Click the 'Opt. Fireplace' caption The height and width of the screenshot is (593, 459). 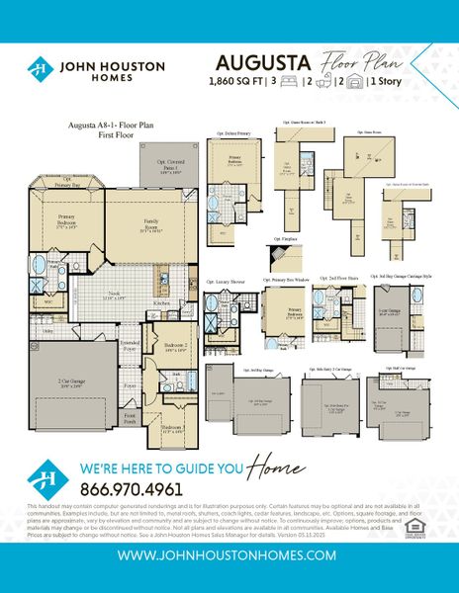point(281,240)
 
